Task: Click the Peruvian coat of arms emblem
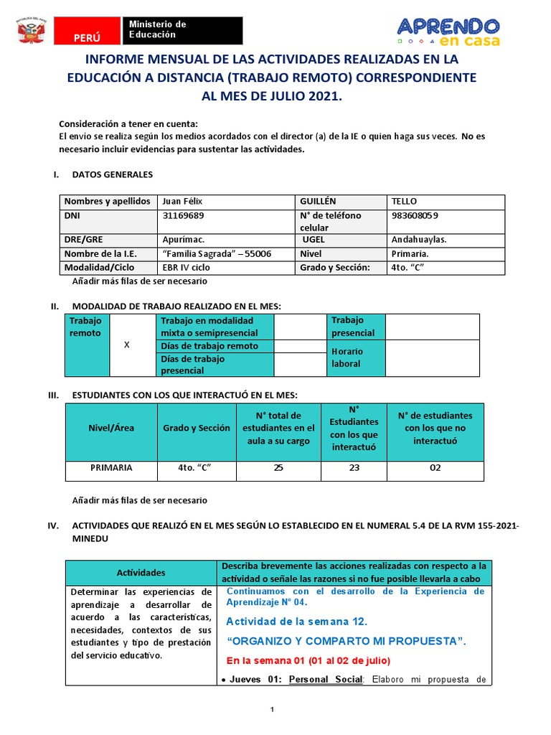point(32,32)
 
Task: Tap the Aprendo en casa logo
point(448,31)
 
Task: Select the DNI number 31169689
point(184,215)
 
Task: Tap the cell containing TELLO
point(404,202)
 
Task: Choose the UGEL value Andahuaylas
point(419,240)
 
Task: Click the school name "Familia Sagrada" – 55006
point(217,253)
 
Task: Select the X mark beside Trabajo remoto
point(127,345)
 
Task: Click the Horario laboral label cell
point(347,357)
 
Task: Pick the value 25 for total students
point(278,467)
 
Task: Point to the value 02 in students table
point(435,467)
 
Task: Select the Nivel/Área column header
point(111,428)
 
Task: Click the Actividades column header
point(141,572)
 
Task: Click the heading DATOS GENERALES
point(113,174)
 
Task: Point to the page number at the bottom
point(273,710)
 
